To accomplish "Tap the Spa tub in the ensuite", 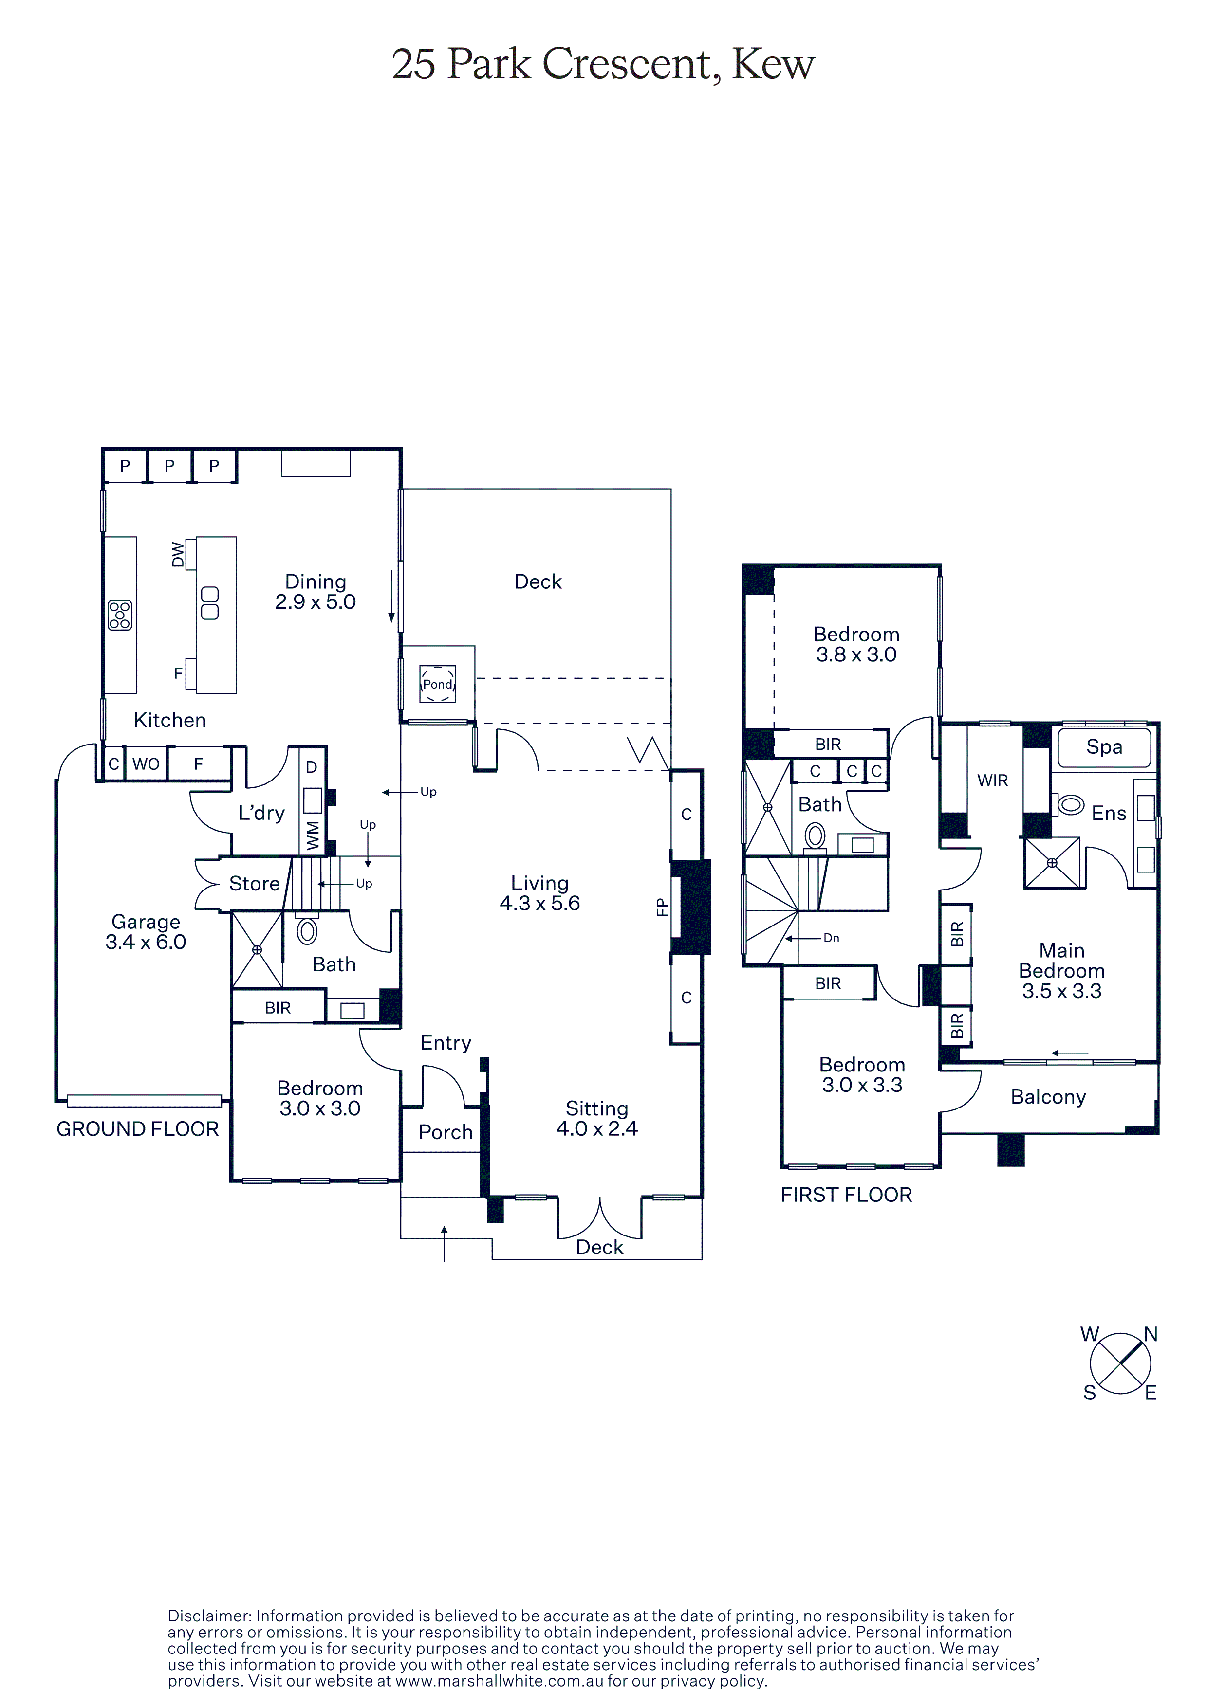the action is (1104, 747).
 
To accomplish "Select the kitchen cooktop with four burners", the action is (120, 615).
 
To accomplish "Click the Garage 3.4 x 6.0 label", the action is (146, 931).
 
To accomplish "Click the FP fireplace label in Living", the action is (662, 907).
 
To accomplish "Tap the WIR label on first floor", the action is (993, 780).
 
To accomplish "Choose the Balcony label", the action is (1049, 1097).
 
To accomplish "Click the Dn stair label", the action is (832, 938).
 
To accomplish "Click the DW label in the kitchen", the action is (178, 555).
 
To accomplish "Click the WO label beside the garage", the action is (146, 764).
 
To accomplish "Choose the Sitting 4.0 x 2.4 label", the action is (597, 1118).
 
